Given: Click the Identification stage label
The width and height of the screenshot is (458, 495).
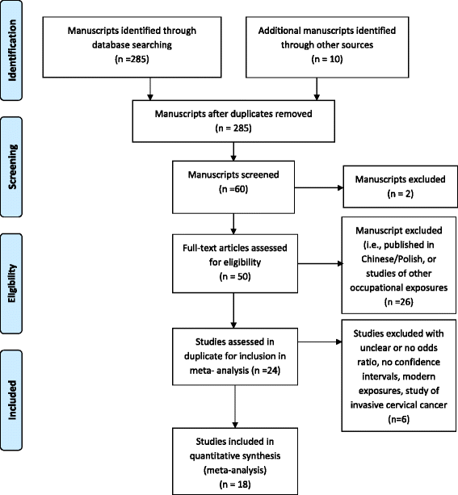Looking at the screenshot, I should (14, 50).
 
